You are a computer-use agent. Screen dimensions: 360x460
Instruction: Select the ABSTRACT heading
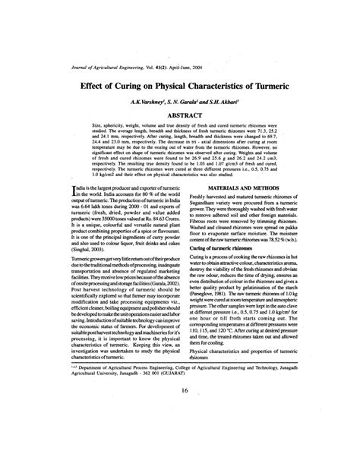[180, 114]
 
